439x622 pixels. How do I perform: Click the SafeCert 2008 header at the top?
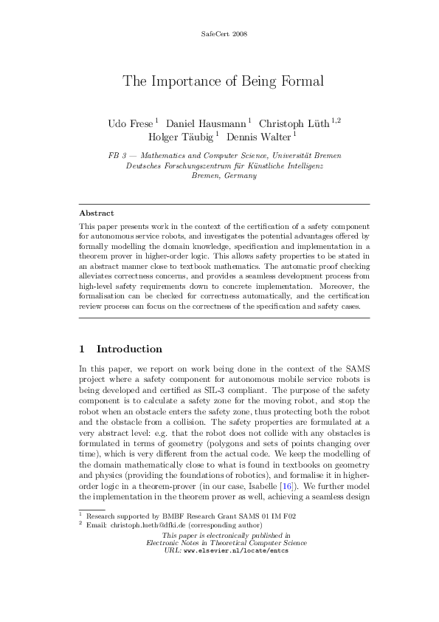coord(219,35)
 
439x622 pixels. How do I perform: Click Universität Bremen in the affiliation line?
coord(308,157)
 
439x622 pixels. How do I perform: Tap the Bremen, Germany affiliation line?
coord(219,176)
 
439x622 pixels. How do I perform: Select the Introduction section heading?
coord(129,349)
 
